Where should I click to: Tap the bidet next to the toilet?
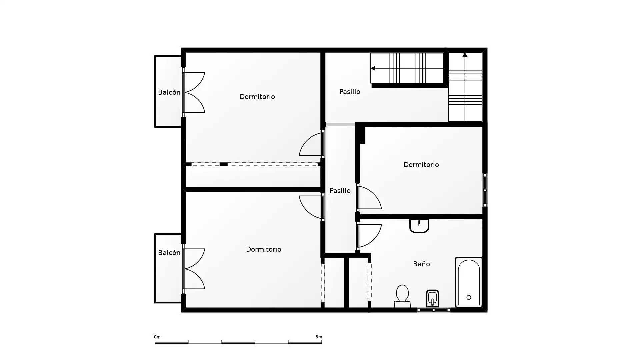[432, 298]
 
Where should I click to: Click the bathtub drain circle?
[469, 297]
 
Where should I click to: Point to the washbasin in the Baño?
[419, 226]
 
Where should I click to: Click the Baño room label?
[421, 264]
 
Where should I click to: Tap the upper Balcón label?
[169, 92]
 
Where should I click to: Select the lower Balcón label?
[169, 253]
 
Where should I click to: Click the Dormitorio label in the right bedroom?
[421, 165]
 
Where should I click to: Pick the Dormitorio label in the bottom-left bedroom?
[263, 249]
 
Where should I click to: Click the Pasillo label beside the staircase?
[350, 92]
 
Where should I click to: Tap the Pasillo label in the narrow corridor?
[340, 191]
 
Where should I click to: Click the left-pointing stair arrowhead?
[373, 68]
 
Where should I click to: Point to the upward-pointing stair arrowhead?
[465, 55]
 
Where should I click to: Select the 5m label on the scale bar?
[319, 337]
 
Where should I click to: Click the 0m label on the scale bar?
[157, 337]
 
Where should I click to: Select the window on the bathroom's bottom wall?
[434, 310]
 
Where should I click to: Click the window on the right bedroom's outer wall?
[485, 190]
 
